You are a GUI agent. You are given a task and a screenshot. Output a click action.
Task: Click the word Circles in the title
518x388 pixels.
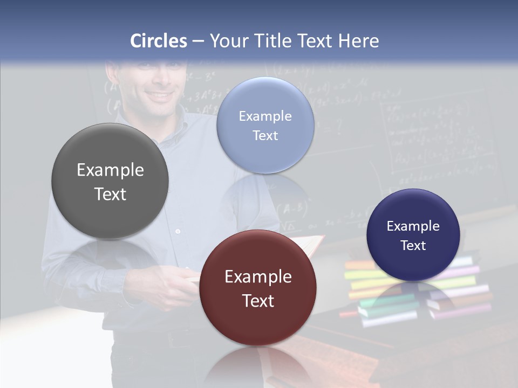pyautogui.click(x=159, y=41)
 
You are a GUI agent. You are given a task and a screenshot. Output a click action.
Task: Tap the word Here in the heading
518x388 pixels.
pyautogui.click(x=358, y=41)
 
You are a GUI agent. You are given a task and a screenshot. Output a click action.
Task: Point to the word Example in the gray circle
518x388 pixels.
pyautogui.click(x=110, y=170)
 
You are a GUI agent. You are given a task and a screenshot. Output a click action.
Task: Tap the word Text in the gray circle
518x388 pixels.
pyautogui.click(x=110, y=194)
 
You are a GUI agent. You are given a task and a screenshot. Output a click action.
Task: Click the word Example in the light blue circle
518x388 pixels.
pyautogui.click(x=265, y=116)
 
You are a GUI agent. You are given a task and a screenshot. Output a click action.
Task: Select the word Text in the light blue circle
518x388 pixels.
pyautogui.click(x=265, y=136)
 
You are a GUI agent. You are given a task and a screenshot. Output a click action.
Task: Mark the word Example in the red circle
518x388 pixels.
pyautogui.click(x=258, y=277)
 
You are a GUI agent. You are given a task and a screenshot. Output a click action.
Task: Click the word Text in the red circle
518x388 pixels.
pyautogui.click(x=258, y=301)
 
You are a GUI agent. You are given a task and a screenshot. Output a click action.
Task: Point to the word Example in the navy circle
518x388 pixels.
pyautogui.click(x=413, y=226)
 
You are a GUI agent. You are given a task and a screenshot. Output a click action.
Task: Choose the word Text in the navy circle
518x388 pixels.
pyautogui.click(x=413, y=246)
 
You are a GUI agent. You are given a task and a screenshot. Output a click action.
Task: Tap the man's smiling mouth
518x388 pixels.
pyautogui.click(x=160, y=97)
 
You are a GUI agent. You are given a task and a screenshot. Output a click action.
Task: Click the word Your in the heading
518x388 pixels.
pyautogui.click(x=229, y=41)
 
